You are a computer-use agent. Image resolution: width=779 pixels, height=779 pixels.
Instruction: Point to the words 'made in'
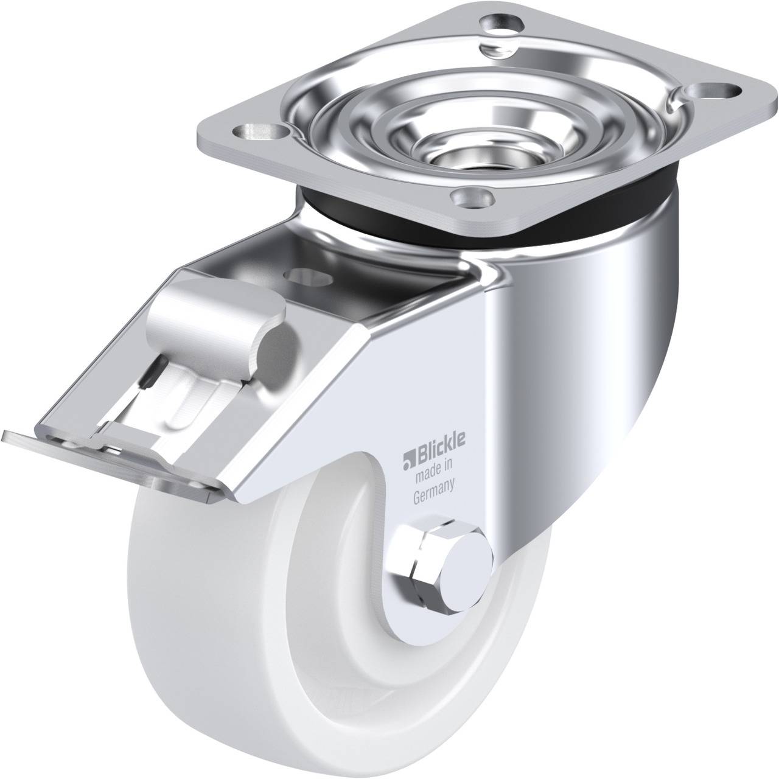click(433, 467)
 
